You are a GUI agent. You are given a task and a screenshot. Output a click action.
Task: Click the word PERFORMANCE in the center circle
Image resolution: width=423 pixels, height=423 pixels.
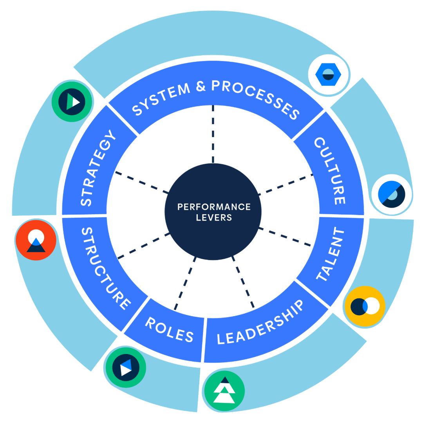click(x=213, y=207)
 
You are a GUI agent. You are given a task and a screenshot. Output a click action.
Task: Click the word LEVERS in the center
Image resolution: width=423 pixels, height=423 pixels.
click(x=214, y=217)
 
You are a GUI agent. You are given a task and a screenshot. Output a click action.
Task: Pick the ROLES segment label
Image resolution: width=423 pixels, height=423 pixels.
click(x=170, y=329)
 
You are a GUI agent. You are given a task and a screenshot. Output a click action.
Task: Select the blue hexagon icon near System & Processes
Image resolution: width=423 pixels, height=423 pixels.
click(x=329, y=74)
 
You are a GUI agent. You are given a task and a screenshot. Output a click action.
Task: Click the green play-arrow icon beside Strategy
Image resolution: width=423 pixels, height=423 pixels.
click(x=72, y=101)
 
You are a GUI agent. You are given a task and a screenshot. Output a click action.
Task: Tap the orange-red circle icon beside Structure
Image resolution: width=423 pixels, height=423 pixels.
click(x=36, y=240)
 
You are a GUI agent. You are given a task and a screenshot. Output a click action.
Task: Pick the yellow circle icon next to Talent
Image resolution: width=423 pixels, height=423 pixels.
click(x=365, y=306)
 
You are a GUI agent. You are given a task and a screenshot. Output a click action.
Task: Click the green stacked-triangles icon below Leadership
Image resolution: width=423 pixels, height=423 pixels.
click(x=224, y=390)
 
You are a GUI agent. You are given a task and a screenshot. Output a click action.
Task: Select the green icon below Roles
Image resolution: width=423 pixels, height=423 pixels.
click(x=125, y=367)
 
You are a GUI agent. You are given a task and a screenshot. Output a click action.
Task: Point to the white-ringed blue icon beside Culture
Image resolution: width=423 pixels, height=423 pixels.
click(x=391, y=195)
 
